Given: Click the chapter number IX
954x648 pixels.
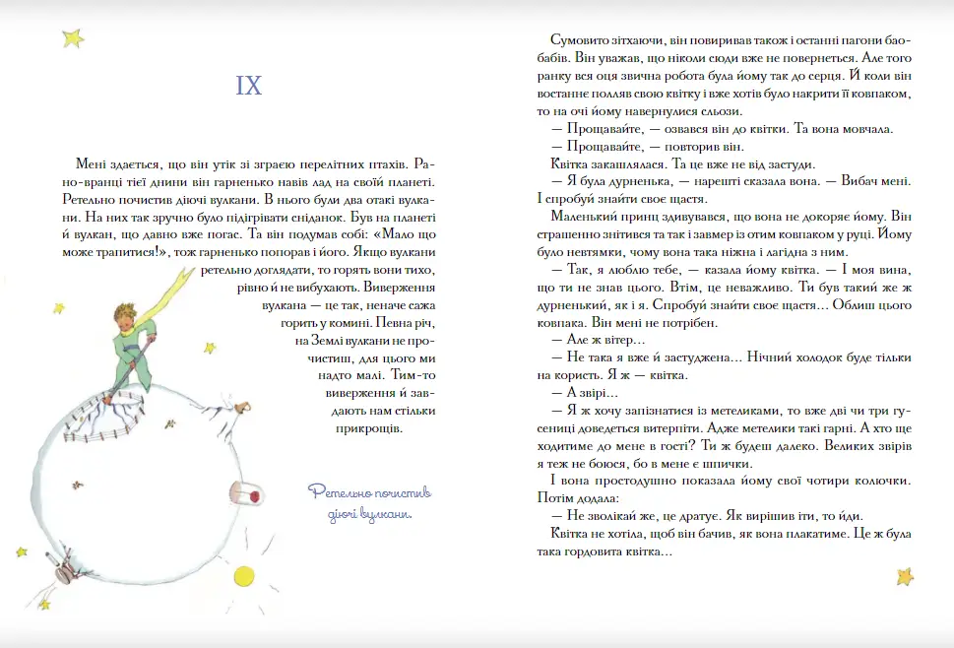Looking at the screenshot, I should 249,86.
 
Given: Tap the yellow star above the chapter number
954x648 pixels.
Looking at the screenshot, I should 73,38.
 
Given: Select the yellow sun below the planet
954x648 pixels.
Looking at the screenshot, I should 242,574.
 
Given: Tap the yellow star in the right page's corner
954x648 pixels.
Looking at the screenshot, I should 904,575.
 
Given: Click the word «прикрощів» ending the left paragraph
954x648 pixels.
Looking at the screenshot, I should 371,428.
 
